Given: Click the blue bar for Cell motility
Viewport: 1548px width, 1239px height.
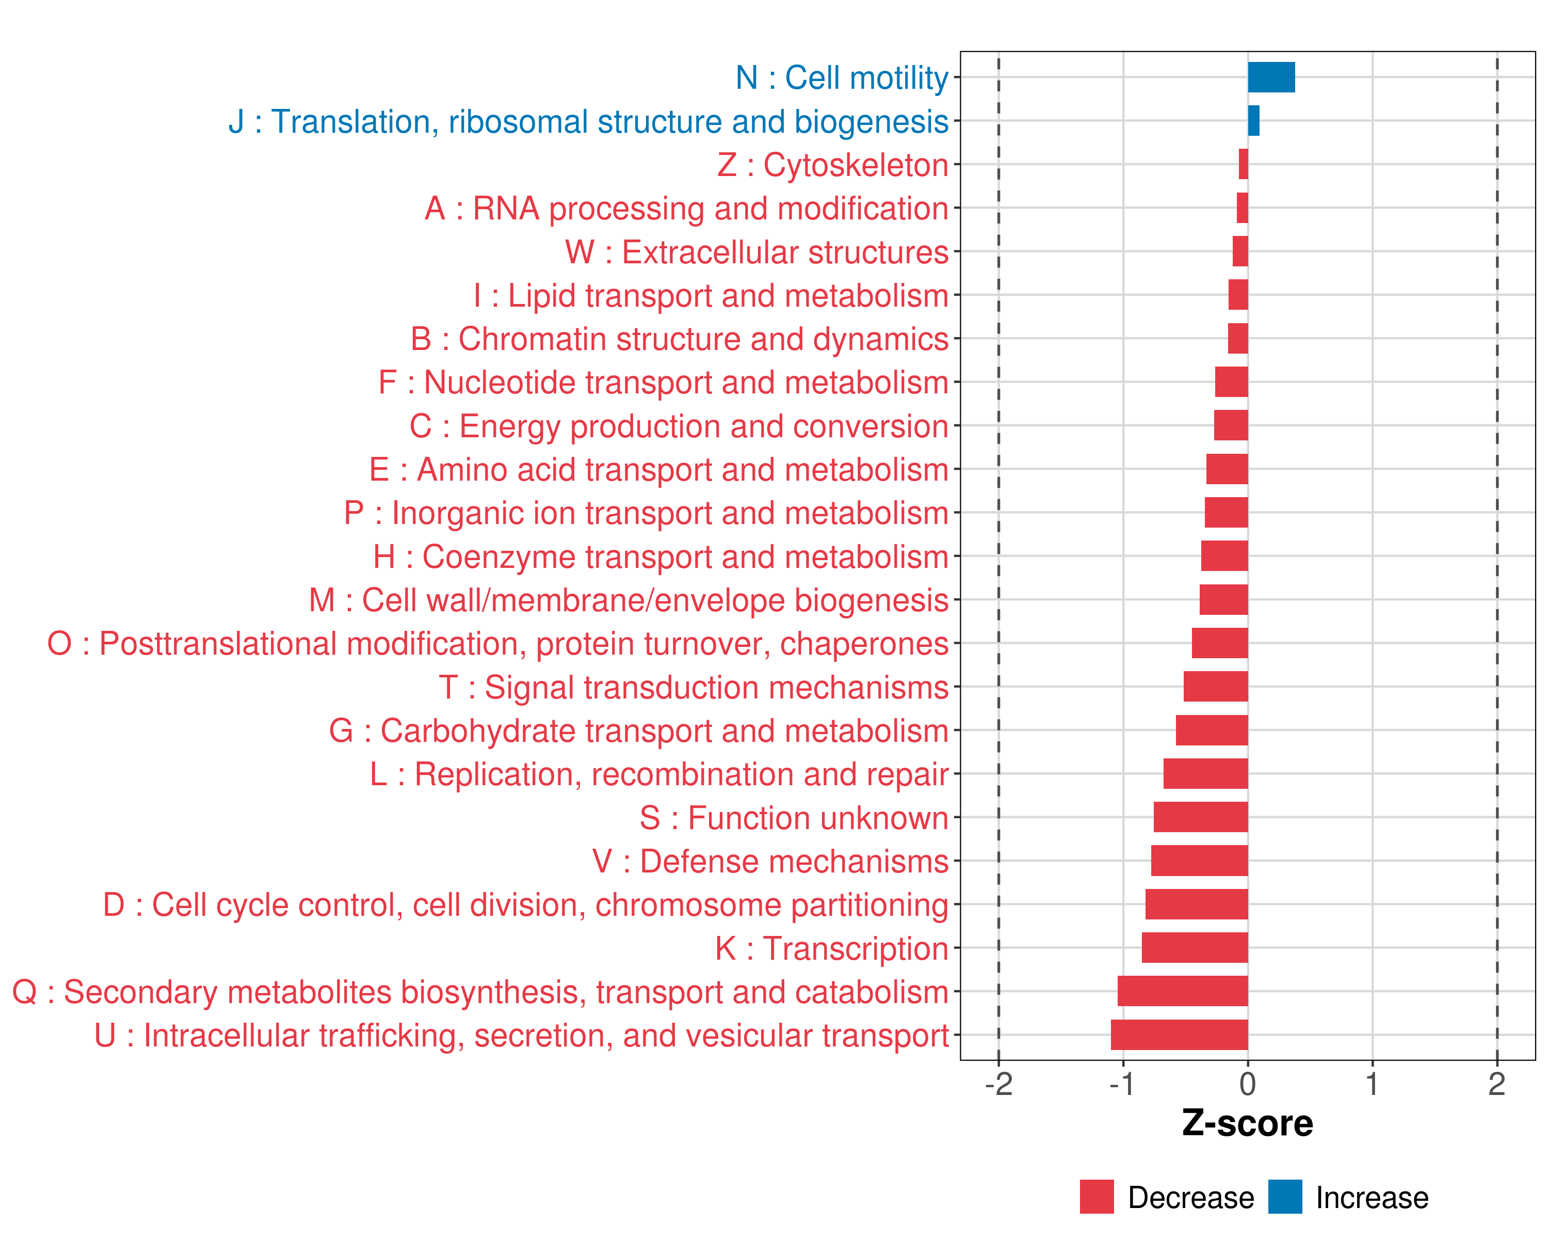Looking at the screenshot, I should (1271, 77).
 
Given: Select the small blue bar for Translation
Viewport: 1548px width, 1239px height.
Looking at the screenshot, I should (1253, 121).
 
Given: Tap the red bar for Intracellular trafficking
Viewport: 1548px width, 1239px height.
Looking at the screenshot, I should (1179, 1035).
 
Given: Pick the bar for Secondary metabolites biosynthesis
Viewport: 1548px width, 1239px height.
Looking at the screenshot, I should (1183, 991).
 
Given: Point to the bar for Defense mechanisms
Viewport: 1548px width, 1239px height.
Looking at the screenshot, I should (1199, 861).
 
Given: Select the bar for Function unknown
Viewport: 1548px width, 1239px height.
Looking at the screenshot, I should (1201, 817).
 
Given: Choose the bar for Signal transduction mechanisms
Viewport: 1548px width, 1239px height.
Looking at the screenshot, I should (1216, 687).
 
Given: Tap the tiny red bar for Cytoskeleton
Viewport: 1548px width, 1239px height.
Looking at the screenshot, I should (1244, 165).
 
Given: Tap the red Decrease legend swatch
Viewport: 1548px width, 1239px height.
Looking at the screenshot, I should (1096, 1197).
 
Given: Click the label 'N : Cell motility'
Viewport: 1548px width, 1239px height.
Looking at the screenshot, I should (842, 77).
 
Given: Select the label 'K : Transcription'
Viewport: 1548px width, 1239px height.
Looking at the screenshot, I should (831, 948).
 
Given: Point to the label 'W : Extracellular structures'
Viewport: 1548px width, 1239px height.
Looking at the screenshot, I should (757, 252).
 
